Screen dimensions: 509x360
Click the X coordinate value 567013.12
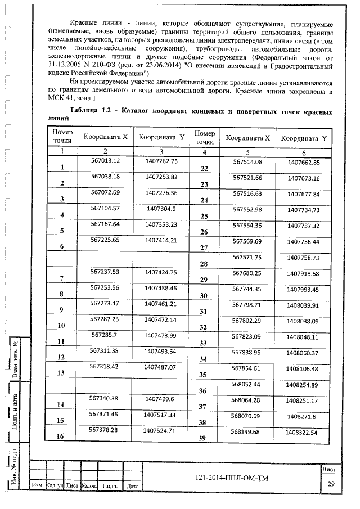(x=106, y=160)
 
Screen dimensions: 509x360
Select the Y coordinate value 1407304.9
(x=161, y=208)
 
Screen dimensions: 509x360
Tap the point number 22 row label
(x=204, y=169)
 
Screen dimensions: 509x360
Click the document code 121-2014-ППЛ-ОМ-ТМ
(x=232, y=478)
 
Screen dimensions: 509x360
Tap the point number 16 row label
(x=61, y=436)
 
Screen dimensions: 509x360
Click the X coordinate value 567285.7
(x=106, y=335)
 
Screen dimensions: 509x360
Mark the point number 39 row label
(x=204, y=439)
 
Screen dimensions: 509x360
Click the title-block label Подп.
(x=110, y=485)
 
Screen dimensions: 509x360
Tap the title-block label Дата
(x=133, y=485)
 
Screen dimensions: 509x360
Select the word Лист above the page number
(x=330, y=469)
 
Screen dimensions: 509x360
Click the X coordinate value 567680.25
(x=247, y=273)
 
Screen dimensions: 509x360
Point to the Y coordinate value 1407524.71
(x=161, y=430)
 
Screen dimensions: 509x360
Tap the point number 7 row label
(x=61, y=278)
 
